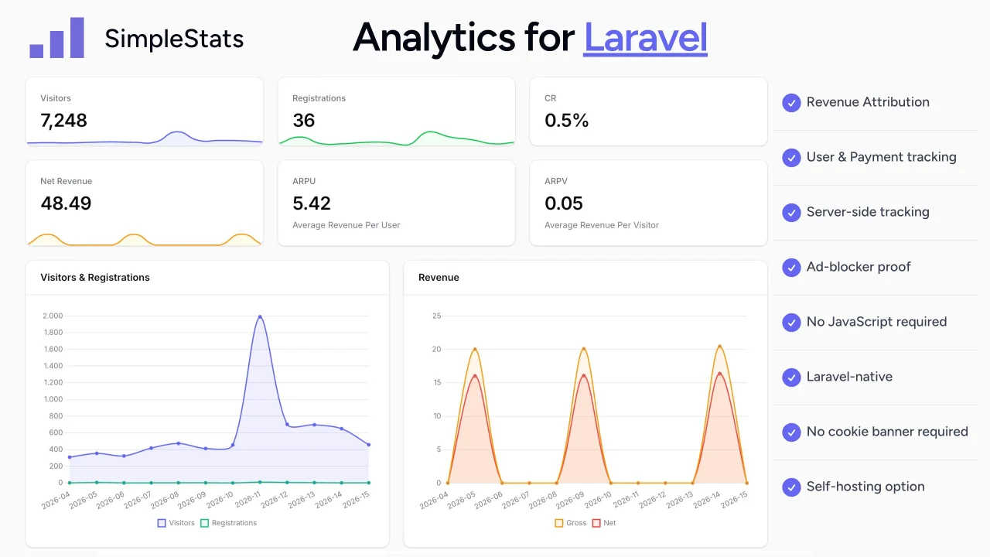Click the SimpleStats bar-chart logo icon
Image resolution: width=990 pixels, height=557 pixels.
56,38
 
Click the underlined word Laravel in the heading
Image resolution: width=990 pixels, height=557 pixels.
645,37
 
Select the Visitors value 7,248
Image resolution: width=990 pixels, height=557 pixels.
63,120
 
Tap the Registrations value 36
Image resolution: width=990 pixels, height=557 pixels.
303,120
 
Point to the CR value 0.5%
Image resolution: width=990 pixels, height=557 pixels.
566,120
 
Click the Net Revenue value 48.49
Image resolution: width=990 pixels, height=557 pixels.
66,203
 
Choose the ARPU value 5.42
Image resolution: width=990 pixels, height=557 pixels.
311,203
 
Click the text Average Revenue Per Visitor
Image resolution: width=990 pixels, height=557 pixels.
601,225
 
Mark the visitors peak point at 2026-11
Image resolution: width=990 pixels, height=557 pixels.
260,316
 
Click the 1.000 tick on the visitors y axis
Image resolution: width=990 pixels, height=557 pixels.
52,399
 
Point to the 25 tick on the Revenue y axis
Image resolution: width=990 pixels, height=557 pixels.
436,316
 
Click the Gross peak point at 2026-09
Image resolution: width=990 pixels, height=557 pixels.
584,349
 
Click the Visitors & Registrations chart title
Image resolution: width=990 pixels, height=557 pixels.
95,277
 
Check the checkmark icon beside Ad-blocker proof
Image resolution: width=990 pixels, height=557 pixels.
790,267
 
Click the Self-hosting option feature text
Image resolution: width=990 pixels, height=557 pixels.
865,487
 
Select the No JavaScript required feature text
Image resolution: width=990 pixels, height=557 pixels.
876,322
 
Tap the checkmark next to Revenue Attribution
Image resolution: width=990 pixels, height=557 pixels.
790,102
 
